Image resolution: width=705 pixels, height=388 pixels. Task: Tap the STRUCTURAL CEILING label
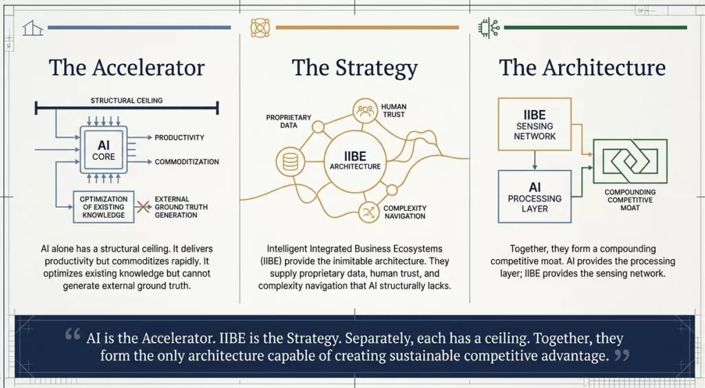coord(127,101)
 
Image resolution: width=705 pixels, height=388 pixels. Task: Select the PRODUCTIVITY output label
coord(180,138)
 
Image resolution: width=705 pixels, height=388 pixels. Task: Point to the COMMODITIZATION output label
coord(187,161)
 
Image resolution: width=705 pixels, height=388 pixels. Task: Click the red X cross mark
coord(143,207)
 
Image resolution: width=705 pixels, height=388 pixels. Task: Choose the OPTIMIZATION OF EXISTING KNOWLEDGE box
coord(103,207)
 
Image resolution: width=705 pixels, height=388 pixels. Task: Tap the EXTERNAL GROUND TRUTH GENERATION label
coord(181,207)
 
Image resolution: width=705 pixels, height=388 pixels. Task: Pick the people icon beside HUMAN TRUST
coord(365,110)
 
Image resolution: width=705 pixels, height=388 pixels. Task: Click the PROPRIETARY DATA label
coord(288,121)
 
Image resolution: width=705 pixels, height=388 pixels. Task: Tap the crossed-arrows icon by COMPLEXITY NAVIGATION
coord(370,212)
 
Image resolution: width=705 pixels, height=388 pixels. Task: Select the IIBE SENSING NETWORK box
coord(534,124)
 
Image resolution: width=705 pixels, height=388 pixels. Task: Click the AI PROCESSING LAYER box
coord(534,196)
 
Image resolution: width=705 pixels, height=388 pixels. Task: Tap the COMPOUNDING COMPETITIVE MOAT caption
coord(630,200)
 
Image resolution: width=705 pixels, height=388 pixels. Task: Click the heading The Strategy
coord(355,68)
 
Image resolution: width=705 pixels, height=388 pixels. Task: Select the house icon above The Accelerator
coord(32,28)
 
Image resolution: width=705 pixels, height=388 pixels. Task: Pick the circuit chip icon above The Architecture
coord(488,28)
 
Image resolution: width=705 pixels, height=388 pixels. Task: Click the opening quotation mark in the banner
coord(72,334)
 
